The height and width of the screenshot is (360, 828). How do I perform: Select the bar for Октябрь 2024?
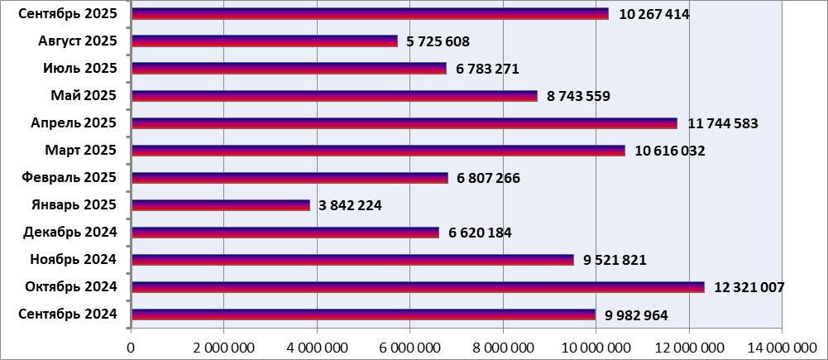pos(418,287)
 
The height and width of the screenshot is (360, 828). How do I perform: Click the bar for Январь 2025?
pos(220,205)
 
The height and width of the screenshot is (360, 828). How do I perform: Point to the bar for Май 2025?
pos(334,96)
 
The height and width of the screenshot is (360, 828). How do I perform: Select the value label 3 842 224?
pos(349,205)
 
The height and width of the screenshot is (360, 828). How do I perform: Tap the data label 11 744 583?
pos(722,123)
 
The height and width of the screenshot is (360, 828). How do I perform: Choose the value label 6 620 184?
pos(480,233)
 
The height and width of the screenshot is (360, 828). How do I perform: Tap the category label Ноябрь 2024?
pos(73,260)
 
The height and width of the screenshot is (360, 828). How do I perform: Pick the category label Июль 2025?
pos(80,69)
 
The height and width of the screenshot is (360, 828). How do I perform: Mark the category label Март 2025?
pos(80,151)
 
